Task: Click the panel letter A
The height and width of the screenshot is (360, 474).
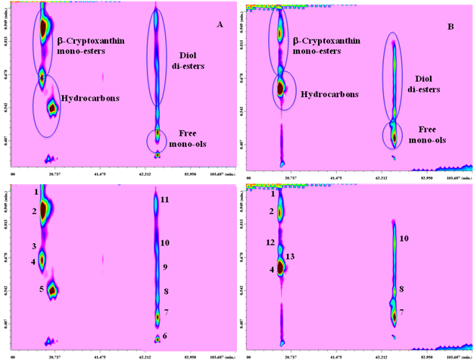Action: tap(220, 26)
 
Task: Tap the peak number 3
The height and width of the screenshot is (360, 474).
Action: tap(35, 246)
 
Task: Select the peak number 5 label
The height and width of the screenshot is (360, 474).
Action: tap(35, 289)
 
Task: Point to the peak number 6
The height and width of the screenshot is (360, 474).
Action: tap(164, 335)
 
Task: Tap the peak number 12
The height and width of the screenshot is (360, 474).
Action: tap(270, 243)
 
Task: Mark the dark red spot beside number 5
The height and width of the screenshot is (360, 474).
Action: tap(52, 290)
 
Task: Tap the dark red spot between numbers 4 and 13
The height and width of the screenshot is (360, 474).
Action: tap(281, 267)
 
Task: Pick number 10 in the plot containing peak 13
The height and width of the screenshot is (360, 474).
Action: tap(404, 239)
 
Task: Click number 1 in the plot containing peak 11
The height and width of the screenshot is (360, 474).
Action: tap(35, 193)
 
